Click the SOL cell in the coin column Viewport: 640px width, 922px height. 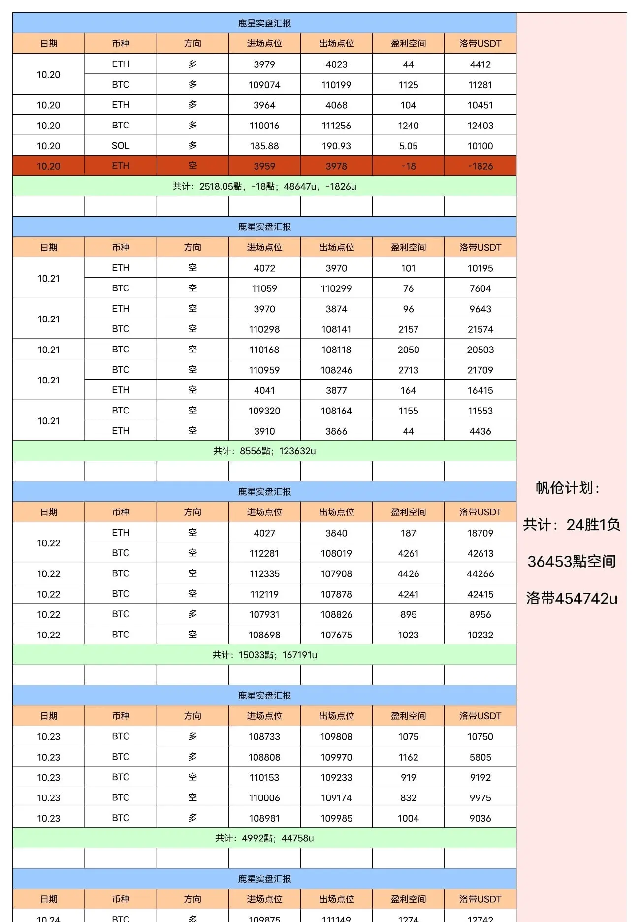point(120,146)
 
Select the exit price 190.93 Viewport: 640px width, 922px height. point(336,146)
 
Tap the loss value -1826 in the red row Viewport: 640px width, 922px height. point(480,166)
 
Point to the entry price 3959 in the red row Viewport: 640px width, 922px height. point(264,166)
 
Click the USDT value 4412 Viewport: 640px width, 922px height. point(480,64)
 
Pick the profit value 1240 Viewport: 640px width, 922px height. point(408,126)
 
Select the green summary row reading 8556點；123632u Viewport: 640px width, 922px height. point(264,451)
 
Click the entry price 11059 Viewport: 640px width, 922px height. point(264,288)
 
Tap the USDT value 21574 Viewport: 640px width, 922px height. point(480,329)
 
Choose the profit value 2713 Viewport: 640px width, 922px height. point(408,370)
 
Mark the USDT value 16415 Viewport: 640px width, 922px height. point(480,390)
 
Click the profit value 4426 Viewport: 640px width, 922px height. point(408,574)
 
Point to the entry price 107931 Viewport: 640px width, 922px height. point(264,615)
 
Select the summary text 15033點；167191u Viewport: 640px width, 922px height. point(264,655)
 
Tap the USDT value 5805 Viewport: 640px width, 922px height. point(480,757)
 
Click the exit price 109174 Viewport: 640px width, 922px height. point(336,798)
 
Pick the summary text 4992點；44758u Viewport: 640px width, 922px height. point(264,838)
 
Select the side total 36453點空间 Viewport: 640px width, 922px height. point(572,562)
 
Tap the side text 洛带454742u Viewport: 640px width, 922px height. point(572,598)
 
